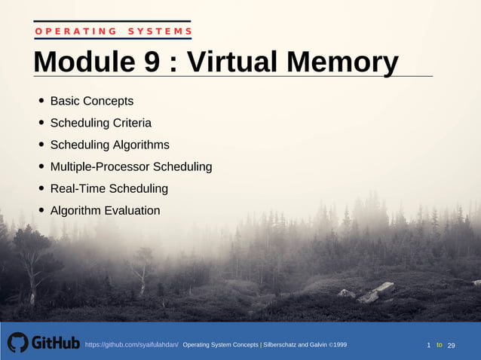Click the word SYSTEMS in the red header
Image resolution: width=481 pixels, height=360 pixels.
click(x=160, y=31)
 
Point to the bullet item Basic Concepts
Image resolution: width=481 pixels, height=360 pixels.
click(x=91, y=101)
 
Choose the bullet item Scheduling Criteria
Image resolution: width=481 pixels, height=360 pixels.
click(x=100, y=123)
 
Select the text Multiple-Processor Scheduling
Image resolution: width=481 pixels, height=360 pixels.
click(x=130, y=166)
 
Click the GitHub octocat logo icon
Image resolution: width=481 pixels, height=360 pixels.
click(x=17, y=343)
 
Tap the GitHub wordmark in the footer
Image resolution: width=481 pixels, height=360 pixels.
click(x=55, y=343)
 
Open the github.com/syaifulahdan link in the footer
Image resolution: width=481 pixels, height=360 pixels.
click(x=131, y=345)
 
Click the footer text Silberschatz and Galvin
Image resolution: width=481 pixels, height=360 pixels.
click(x=298, y=345)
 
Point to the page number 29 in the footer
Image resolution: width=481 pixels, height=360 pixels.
click(x=452, y=345)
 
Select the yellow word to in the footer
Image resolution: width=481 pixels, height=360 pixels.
click(x=440, y=344)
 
